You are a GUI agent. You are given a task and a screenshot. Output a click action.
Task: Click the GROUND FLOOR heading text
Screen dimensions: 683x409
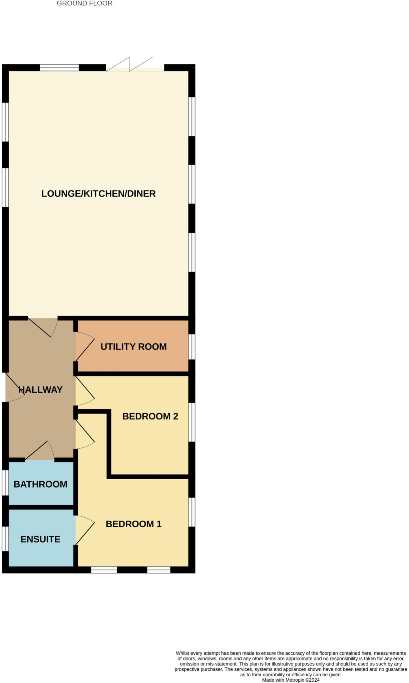click(84, 4)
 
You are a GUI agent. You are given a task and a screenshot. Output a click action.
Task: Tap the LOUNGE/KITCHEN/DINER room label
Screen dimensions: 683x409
click(98, 194)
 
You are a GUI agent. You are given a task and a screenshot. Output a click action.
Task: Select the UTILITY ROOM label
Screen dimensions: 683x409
click(133, 347)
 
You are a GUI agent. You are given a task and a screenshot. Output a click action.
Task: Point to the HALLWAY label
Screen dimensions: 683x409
click(40, 390)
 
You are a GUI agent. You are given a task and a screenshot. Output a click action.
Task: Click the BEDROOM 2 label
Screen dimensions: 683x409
click(150, 416)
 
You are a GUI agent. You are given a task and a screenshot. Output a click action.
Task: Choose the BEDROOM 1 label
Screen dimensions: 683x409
click(133, 524)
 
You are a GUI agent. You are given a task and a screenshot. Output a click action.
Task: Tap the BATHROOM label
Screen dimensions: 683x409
click(40, 484)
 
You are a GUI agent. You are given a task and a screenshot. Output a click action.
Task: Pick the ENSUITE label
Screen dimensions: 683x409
click(40, 539)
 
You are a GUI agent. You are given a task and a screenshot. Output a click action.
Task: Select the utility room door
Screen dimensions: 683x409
click(84, 347)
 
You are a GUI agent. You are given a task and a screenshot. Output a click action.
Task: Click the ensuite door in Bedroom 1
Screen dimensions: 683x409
click(84, 531)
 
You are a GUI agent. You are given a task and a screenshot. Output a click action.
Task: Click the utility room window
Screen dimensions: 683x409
click(192, 347)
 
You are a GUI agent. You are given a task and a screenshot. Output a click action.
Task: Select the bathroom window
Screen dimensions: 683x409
click(5, 483)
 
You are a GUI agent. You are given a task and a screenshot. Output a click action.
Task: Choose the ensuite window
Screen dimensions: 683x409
click(5, 539)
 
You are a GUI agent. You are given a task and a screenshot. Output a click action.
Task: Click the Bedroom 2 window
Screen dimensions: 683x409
click(192, 422)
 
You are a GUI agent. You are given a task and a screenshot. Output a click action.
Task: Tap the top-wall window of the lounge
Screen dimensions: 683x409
click(59, 68)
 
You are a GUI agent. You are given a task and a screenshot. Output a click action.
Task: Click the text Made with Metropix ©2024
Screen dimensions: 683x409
click(291, 680)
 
